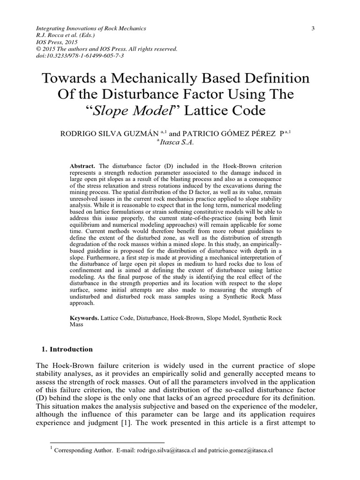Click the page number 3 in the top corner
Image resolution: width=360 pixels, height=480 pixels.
pyautogui.click(x=312, y=29)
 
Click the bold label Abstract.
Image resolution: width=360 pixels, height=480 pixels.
pyautogui.click(x=82, y=166)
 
